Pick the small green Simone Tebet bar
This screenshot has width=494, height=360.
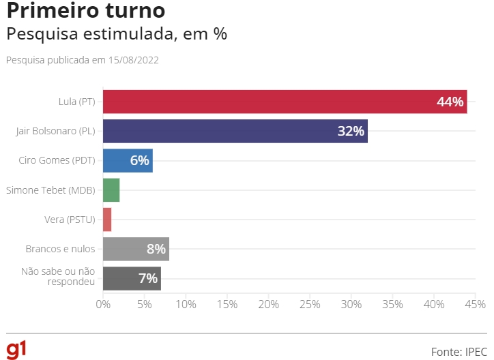(x=111, y=190)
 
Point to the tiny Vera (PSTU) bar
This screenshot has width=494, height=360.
(x=107, y=220)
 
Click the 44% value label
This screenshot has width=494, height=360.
(x=450, y=102)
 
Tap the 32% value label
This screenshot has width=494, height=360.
(x=351, y=131)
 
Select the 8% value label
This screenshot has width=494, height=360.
(x=156, y=249)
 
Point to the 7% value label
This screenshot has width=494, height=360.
(x=148, y=278)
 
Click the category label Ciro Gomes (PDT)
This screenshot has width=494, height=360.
(x=57, y=160)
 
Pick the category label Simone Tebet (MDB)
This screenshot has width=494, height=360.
(x=50, y=190)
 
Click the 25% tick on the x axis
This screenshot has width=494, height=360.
(x=310, y=303)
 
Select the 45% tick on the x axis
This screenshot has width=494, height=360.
(x=476, y=303)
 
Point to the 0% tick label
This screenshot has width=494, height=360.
(x=103, y=303)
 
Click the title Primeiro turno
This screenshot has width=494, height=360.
(x=85, y=12)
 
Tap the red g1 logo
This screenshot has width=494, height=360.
(x=16, y=348)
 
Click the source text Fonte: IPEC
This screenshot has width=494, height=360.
(x=458, y=351)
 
